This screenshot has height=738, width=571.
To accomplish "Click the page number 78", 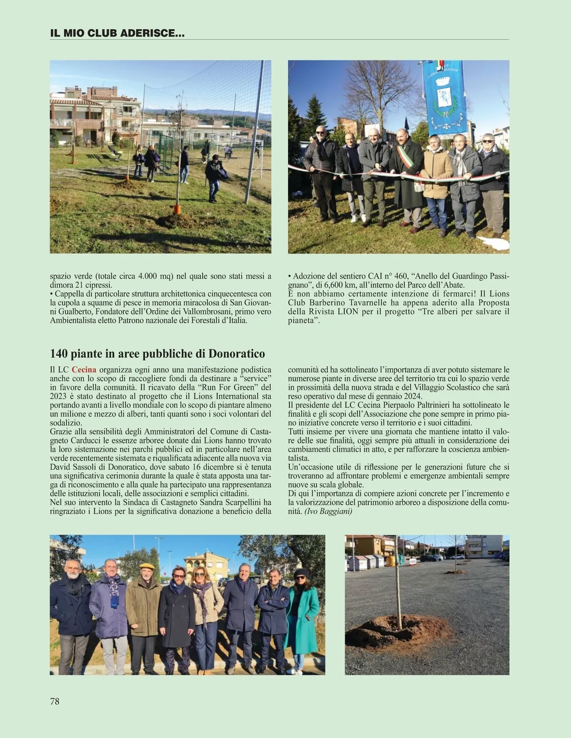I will tap(55, 701).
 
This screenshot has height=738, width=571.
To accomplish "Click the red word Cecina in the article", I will tap(84, 369).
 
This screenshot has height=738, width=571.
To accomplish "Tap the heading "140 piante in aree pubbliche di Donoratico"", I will tap(158, 354).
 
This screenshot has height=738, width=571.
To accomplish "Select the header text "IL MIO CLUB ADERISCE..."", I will tap(117, 33).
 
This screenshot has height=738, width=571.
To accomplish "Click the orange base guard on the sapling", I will tap(177, 209).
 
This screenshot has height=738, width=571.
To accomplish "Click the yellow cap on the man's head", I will tap(147, 566).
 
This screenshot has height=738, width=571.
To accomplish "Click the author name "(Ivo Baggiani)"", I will tap(328, 512).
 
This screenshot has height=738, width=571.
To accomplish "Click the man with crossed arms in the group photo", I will tap(273, 614).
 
